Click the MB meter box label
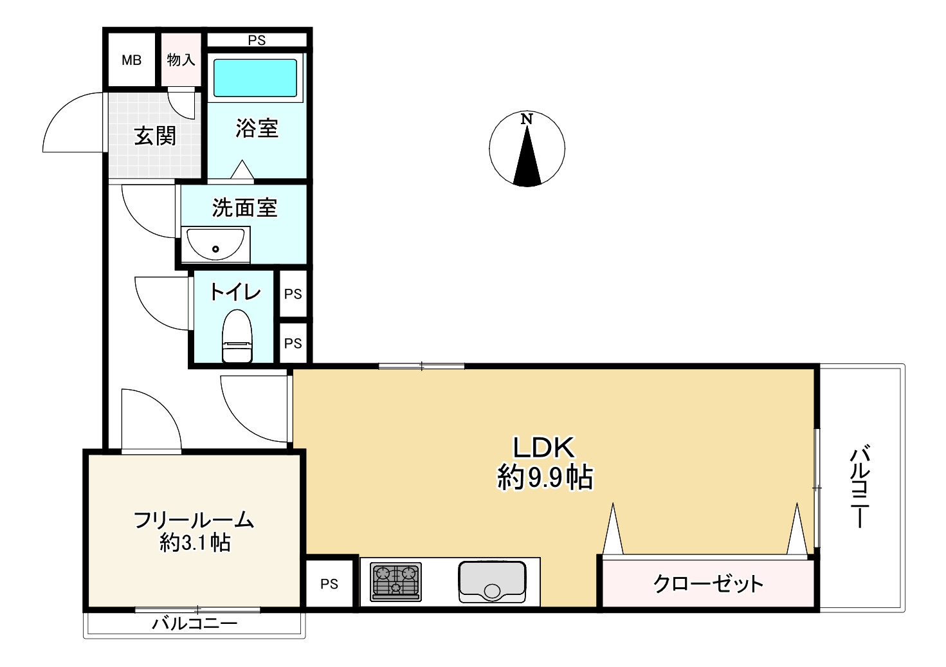pos(131,60)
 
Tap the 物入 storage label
pos(181,60)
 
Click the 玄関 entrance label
pos(155,136)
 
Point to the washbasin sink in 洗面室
pos(215,244)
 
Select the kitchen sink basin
pos(492,582)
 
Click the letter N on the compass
pos(527,119)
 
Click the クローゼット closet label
pos(708,583)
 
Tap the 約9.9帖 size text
pos(545,477)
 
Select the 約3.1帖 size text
pos(195,543)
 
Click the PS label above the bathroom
pos(257,41)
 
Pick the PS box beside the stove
pos(329,584)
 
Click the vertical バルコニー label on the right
pos(860,487)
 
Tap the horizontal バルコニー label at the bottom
pos(195,623)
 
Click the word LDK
pos(543,447)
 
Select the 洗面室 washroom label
pos(244,208)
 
